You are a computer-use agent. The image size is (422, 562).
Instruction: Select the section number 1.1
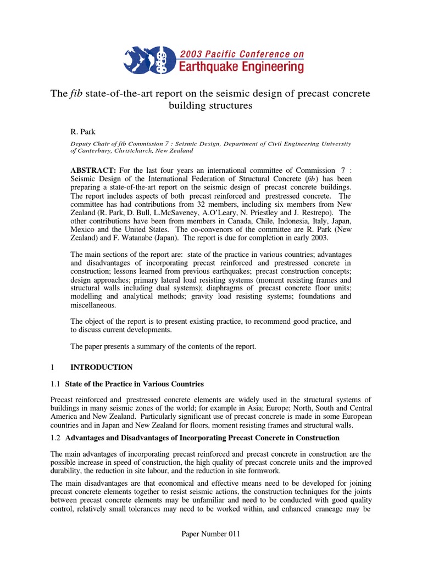(x=55, y=384)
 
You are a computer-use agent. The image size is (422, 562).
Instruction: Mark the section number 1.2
(x=55, y=438)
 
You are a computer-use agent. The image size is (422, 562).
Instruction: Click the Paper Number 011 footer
(x=210, y=534)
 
